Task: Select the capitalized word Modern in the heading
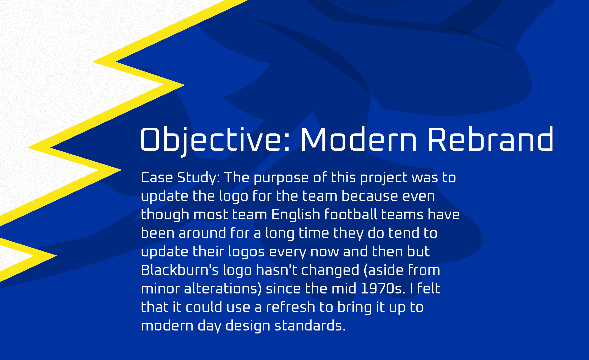tap(359, 139)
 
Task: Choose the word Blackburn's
tap(180, 270)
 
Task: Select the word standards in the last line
tap(310, 325)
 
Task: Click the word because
tap(370, 196)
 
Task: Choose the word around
tap(202, 233)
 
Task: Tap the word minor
tap(160, 288)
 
